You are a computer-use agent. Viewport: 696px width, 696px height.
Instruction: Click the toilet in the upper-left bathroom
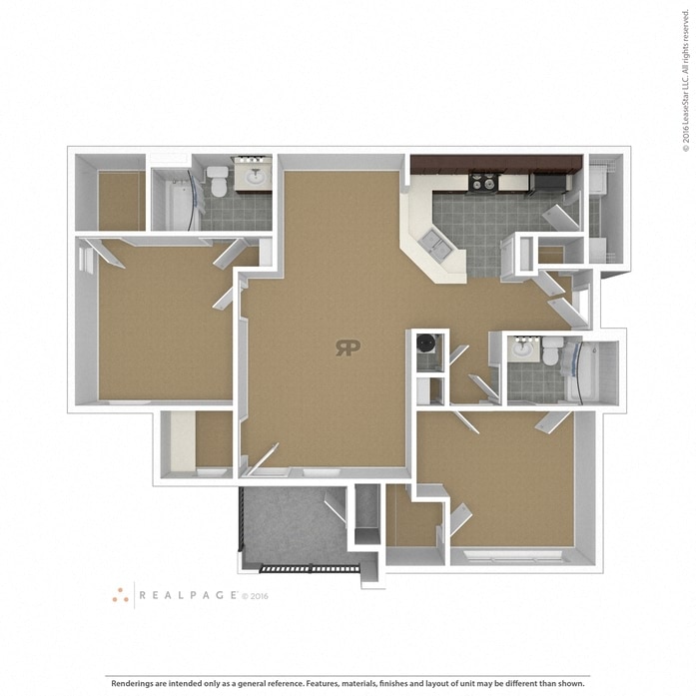click(x=219, y=181)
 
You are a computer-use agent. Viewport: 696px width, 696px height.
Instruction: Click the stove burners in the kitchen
click(x=483, y=182)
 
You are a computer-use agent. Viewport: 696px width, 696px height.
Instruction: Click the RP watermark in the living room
click(x=348, y=348)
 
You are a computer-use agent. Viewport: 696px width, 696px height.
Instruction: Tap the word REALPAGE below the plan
click(x=188, y=595)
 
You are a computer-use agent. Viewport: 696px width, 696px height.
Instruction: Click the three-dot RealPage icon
click(x=120, y=595)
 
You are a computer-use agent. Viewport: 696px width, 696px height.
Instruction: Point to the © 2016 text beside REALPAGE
click(x=255, y=596)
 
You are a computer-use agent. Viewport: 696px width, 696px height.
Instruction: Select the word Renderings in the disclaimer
click(x=132, y=683)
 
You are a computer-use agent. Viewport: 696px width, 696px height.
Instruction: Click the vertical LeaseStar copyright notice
click(x=686, y=76)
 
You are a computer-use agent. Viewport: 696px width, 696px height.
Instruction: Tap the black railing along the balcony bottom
click(x=309, y=568)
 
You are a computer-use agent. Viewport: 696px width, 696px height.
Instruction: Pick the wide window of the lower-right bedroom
click(x=513, y=556)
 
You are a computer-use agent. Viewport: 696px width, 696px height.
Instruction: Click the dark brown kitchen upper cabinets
click(x=496, y=164)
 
